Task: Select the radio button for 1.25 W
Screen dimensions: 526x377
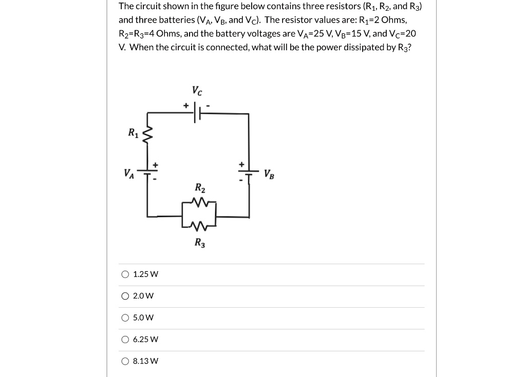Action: [125, 274]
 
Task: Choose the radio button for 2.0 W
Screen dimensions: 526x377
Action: [125, 296]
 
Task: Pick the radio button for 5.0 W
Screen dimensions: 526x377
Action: [125, 318]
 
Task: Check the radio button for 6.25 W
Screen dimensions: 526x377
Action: [125, 340]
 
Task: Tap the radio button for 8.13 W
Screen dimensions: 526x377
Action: [125, 361]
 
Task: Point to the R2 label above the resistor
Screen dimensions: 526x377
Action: [199, 187]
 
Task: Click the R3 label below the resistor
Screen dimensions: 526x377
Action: [199, 243]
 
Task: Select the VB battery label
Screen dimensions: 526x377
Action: [269, 174]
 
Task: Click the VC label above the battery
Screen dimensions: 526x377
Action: [197, 91]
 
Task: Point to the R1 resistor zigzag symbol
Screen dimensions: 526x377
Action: [147, 135]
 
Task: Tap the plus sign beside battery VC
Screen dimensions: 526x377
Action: [185, 105]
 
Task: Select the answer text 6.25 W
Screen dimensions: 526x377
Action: [145, 340]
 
